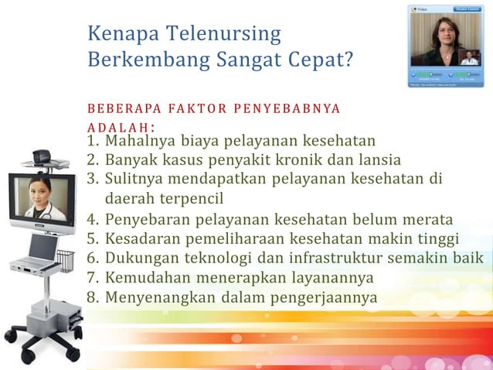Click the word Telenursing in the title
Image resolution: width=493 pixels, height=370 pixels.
(226, 34)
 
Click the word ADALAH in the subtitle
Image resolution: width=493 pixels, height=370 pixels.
(119, 127)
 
